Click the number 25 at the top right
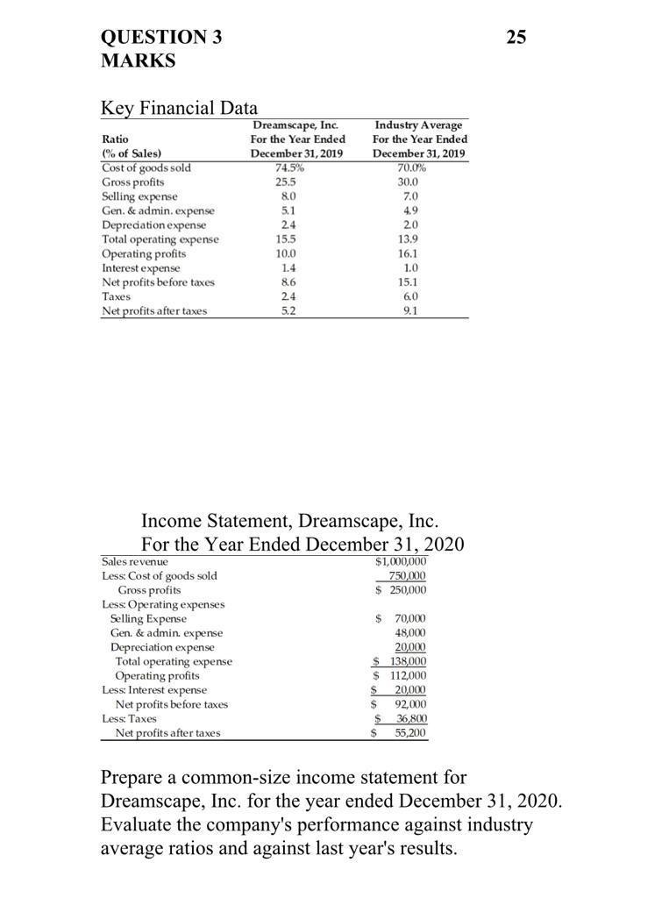tap(517, 37)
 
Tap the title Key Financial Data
tap(180, 108)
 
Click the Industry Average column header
tap(420, 125)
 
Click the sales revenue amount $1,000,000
tap(400, 561)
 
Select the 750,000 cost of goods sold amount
tap(406, 575)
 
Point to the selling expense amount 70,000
tap(406, 618)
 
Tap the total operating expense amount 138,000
tap(406, 661)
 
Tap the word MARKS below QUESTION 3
tap(139, 61)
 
